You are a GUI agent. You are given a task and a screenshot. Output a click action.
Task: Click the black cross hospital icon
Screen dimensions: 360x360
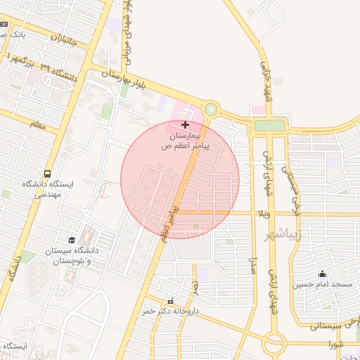pyautogui.click(x=185, y=124)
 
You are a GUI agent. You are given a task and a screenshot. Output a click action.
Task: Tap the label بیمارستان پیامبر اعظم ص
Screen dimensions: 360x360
pyautogui.click(x=185, y=140)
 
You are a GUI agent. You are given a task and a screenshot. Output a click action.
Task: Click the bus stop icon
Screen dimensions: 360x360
pyautogui.click(x=47, y=174)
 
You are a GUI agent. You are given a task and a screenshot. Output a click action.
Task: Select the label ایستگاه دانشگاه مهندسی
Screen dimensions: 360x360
pyautogui.click(x=47, y=189)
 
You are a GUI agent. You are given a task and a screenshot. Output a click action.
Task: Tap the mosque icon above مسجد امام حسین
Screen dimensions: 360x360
pyautogui.click(x=322, y=274)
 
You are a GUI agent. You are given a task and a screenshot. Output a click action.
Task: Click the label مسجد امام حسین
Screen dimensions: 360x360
pyautogui.click(x=322, y=285)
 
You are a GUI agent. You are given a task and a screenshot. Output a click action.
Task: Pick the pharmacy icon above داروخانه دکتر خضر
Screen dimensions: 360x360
pyautogui.click(x=169, y=300)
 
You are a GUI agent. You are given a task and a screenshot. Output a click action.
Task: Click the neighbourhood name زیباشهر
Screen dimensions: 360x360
pyautogui.click(x=283, y=233)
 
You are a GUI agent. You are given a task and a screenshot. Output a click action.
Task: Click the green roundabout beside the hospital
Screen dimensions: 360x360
pyautogui.click(x=210, y=109)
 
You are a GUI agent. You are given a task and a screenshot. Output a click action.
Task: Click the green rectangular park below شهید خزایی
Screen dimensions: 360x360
pyautogui.click(x=270, y=125)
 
